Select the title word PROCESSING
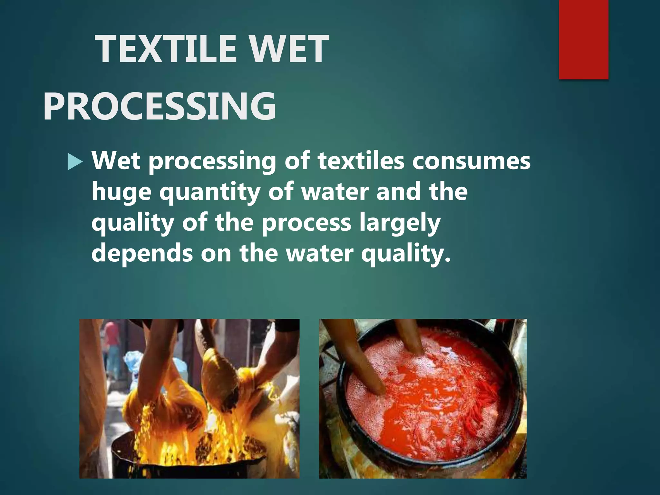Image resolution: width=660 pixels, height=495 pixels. point(160,106)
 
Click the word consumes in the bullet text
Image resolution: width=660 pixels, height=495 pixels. point(471,161)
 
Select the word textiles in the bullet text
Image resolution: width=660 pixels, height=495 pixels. point(361,161)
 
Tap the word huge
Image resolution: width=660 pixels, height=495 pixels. point(121,192)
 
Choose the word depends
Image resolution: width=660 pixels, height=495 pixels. point(142,254)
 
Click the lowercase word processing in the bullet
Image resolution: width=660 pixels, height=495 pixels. point(212,161)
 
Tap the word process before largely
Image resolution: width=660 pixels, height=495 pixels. point(306,223)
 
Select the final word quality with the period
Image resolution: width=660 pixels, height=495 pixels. point(405,254)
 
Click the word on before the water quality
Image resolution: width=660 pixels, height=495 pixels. point(216,254)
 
